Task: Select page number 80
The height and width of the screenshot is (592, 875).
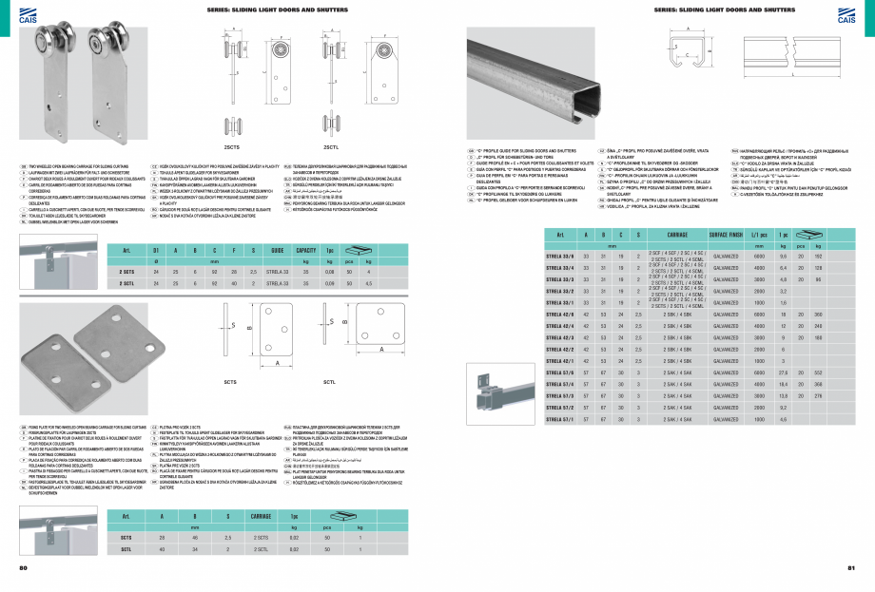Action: tap(24, 568)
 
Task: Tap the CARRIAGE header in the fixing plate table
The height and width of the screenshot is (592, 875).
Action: tap(262, 515)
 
